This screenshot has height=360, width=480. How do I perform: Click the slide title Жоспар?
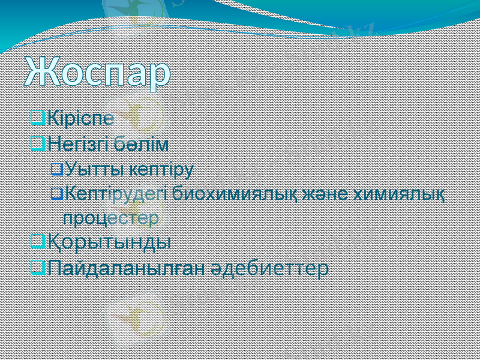98,74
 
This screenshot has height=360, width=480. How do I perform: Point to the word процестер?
111,217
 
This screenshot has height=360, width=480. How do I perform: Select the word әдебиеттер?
269,268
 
